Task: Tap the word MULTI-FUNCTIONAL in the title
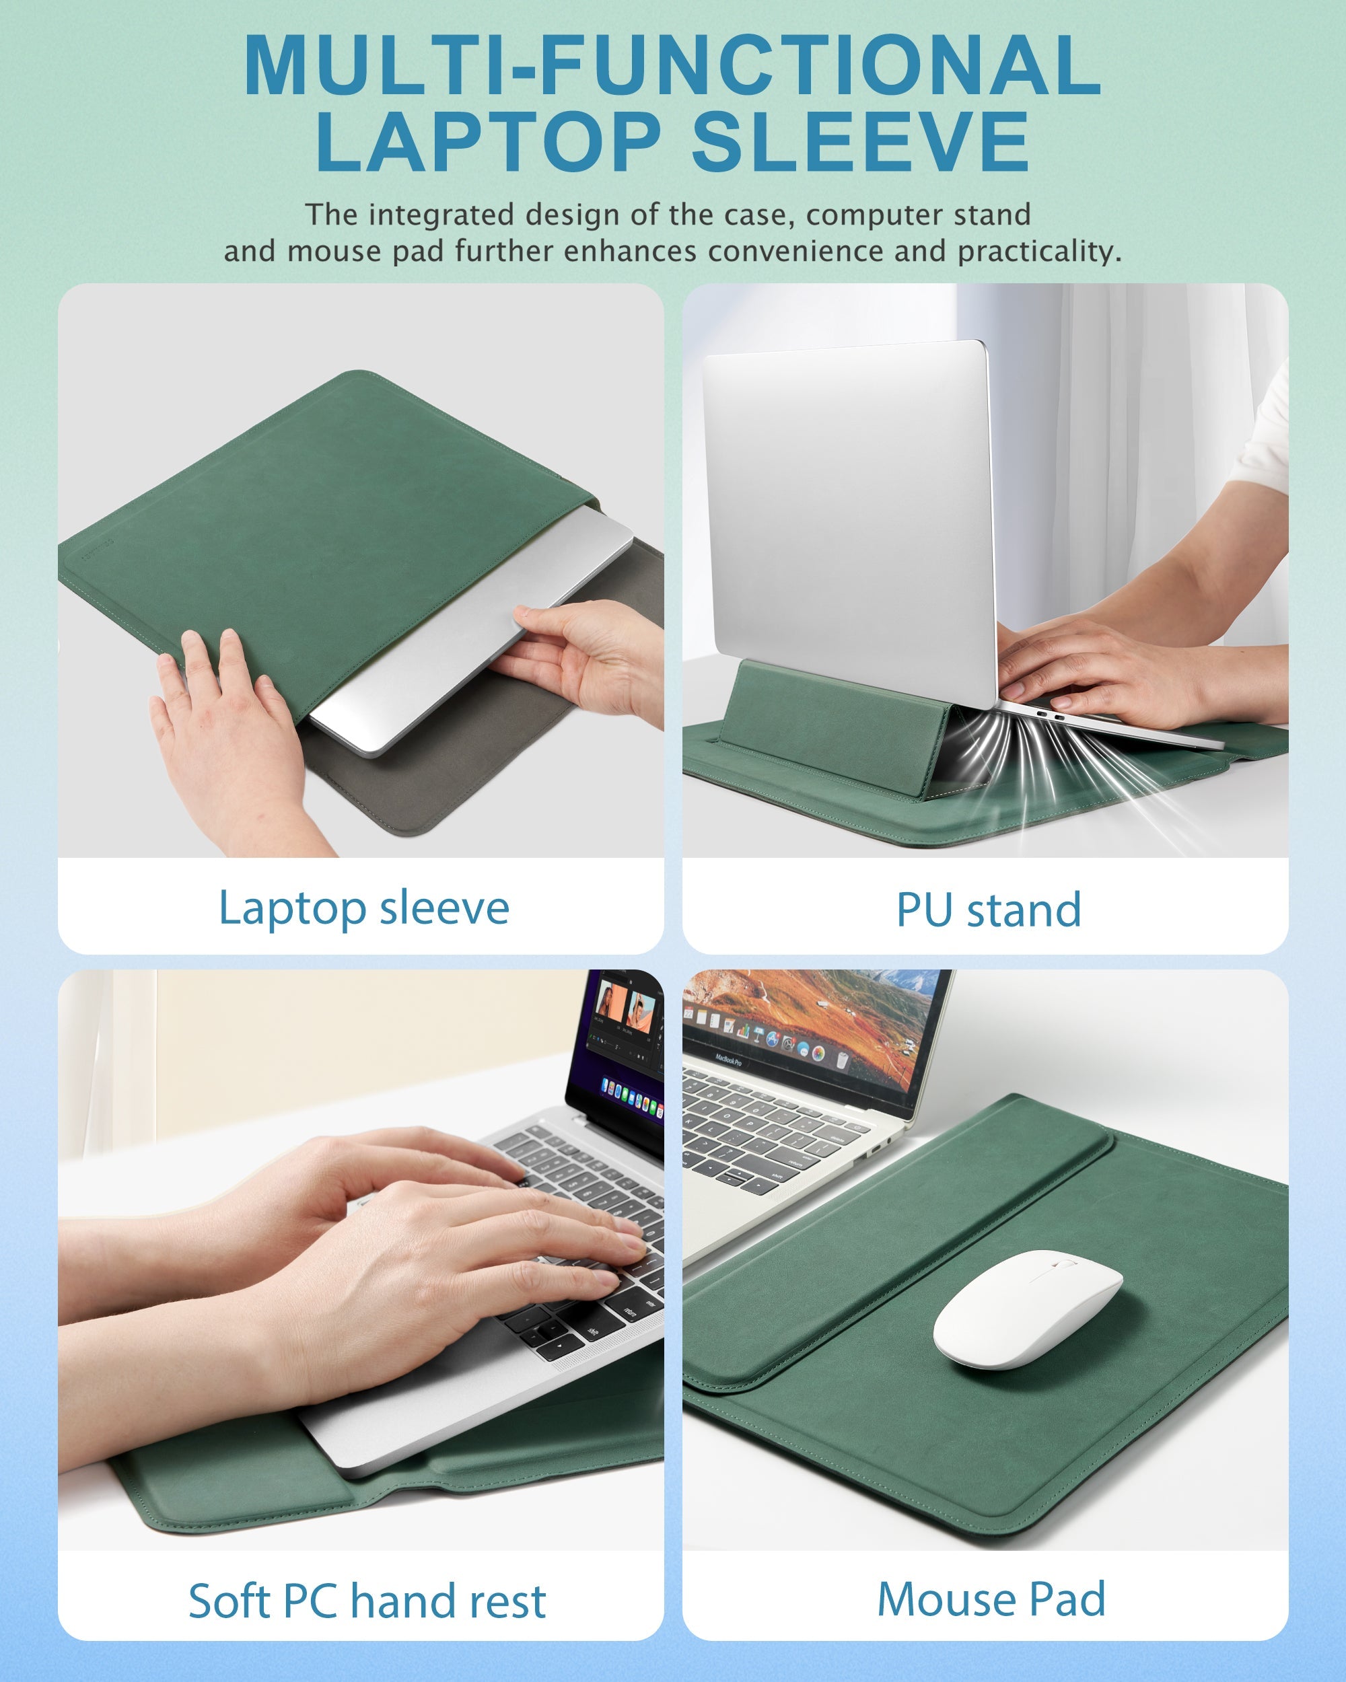pos(672,65)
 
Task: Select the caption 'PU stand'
pos(989,910)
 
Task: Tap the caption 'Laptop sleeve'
pos(363,908)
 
